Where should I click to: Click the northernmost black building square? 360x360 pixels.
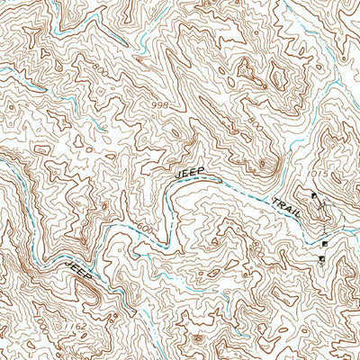tap(314, 195)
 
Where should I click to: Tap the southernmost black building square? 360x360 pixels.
tap(321, 260)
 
